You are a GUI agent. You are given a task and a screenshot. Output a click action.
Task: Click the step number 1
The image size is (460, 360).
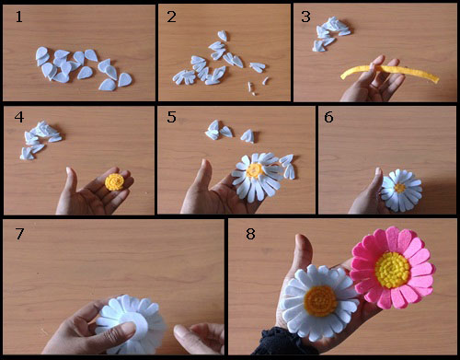tap(19, 17)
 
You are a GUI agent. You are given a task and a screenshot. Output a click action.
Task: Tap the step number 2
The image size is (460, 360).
tap(171, 17)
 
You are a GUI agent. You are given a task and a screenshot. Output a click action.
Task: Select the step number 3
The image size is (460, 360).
tap(305, 17)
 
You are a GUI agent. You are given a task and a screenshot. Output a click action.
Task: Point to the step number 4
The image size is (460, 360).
tap(19, 117)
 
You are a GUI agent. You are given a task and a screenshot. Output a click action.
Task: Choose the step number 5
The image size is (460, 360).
tap(171, 117)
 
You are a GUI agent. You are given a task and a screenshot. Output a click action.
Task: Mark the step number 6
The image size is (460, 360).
tap(328, 117)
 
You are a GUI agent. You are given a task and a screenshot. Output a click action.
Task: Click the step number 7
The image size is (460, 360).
tap(19, 234)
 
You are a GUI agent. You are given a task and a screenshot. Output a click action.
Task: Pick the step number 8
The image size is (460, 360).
tap(250, 234)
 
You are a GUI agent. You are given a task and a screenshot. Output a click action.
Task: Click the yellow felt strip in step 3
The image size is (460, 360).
tap(389, 71)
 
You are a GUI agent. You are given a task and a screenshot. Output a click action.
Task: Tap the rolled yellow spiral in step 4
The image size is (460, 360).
tap(114, 182)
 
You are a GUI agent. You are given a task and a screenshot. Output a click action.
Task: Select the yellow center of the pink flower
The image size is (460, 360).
tap(393, 270)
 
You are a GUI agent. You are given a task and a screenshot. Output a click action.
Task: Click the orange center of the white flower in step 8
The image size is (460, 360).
tap(320, 301)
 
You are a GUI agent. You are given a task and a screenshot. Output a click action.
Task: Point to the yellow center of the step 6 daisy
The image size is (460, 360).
tap(399, 188)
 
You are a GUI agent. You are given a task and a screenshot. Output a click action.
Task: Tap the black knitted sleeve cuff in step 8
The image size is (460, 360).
tap(283, 343)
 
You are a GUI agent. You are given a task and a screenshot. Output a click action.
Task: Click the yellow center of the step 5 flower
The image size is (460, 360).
tap(255, 170)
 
